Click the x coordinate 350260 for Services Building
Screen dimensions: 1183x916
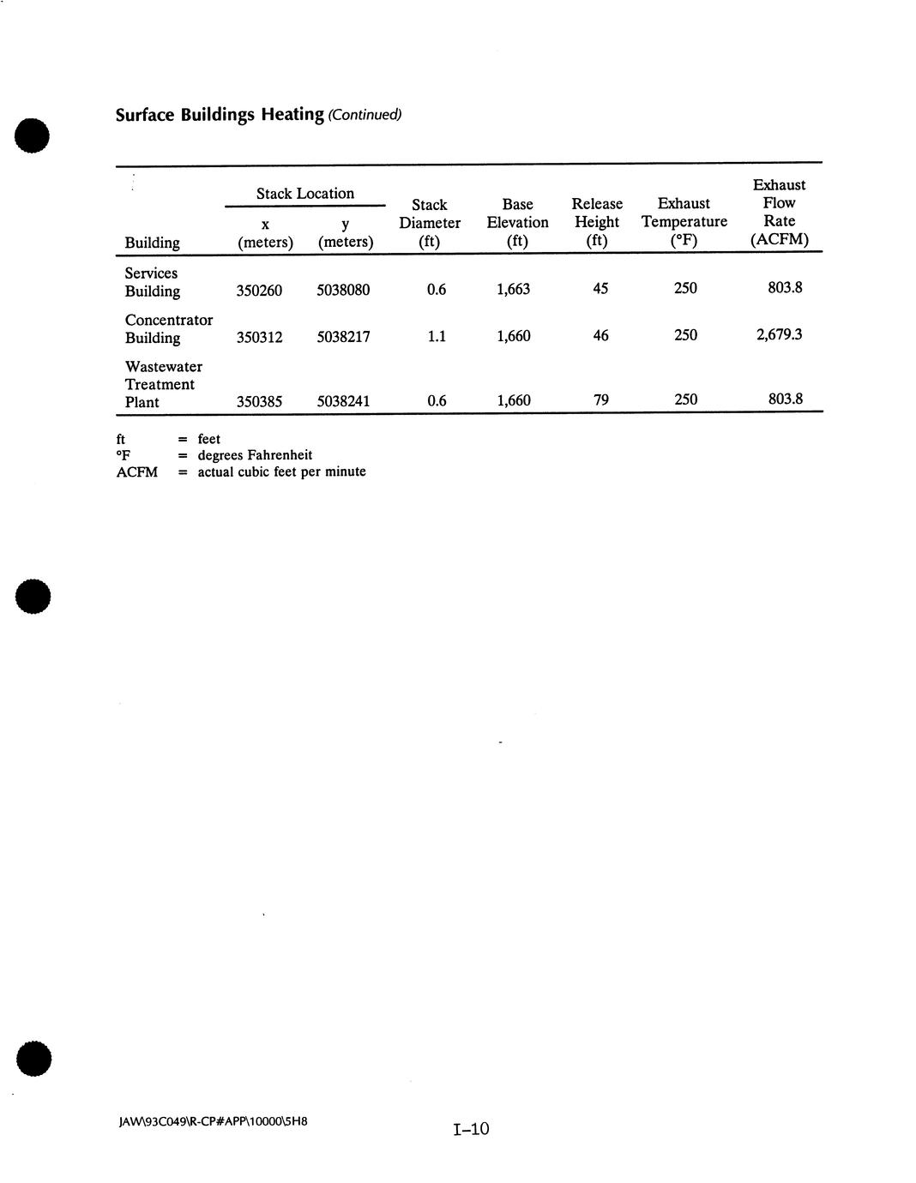pos(259,290)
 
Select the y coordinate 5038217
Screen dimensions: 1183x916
pos(343,337)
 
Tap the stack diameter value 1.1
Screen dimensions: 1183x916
pos(437,336)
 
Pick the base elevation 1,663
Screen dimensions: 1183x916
pos(513,290)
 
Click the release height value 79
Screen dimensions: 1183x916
pos(601,399)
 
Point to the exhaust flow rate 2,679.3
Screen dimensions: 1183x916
pos(779,334)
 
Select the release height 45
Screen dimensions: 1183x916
pos(600,289)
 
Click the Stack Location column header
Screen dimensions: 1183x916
pos(305,194)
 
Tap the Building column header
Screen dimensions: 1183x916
pos(152,243)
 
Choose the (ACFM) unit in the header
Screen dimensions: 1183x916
pos(779,239)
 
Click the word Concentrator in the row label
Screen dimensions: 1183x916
pos(169,320)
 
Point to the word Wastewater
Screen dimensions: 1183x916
pos(164,367)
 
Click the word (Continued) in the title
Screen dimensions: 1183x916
pos(365,115)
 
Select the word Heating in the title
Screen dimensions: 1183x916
pos(292,114)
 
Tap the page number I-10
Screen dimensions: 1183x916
pos(471,1129)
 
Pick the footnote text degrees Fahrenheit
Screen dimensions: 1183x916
pos(255,455)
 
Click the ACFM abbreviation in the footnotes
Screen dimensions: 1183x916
pos(137,471)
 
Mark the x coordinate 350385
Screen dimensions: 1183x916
pos(259,400)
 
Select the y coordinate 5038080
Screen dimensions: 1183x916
pos(343,290)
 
